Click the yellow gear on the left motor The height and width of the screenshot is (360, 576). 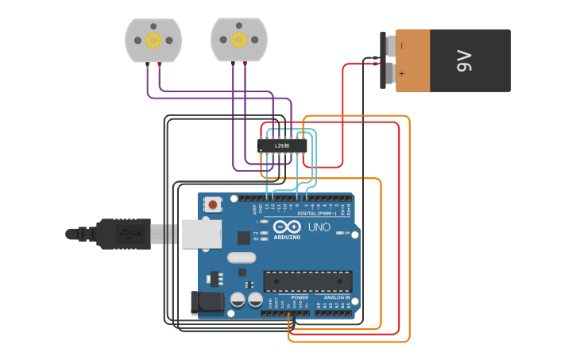pyautogui.click(x=153, y=40)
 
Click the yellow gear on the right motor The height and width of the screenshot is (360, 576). pyautogui.click(x=238, y=40)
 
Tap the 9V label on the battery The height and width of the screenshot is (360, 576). pyautogui.click(x=465, y=61)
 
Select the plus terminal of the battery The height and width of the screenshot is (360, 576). pyautogui.click(x=391, y=74)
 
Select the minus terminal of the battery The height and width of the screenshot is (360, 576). pyautogui.click(x=391, y=46)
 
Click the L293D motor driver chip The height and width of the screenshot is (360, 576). pyautogui.click(x=282, y=145)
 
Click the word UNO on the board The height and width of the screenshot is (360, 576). pyautogui.click(x=319, y=227)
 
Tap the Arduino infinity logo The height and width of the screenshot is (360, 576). pyautogui.click(x=286, y=226)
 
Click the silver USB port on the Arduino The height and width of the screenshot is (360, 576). pyautogui.click(x=201, y=234)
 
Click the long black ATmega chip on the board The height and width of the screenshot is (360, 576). pyautogui.click(x=307, y=281)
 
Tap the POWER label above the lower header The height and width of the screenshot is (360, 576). pyautogui.click(x=299, y=297)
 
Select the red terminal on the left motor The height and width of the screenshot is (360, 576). pyautogui.click(x=159, y=64)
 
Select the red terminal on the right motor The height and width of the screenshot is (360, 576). pyautogui.click(x=245, y=64)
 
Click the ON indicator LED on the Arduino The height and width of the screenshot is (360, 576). pyautogui.click(x=339, y=233)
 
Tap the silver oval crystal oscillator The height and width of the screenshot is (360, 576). pyautogui.click(x=242, y=257)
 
